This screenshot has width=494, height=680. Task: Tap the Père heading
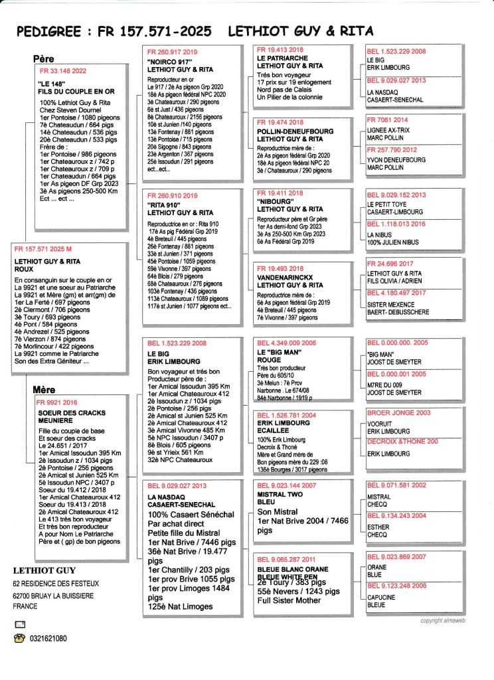pyautogui.click(x=44, y=59)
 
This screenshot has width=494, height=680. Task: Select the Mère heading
pyautogui.click(x=44, y=390)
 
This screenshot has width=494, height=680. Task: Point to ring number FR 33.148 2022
pyautogui.click(x=64, y=70)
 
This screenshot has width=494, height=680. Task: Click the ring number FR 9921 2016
pyautogui.click(x=58, y=402)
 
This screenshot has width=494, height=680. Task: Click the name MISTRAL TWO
pyautogui.click(x=280, y=494)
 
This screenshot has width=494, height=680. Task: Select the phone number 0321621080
pyautogui.click(x=46, y=639)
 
